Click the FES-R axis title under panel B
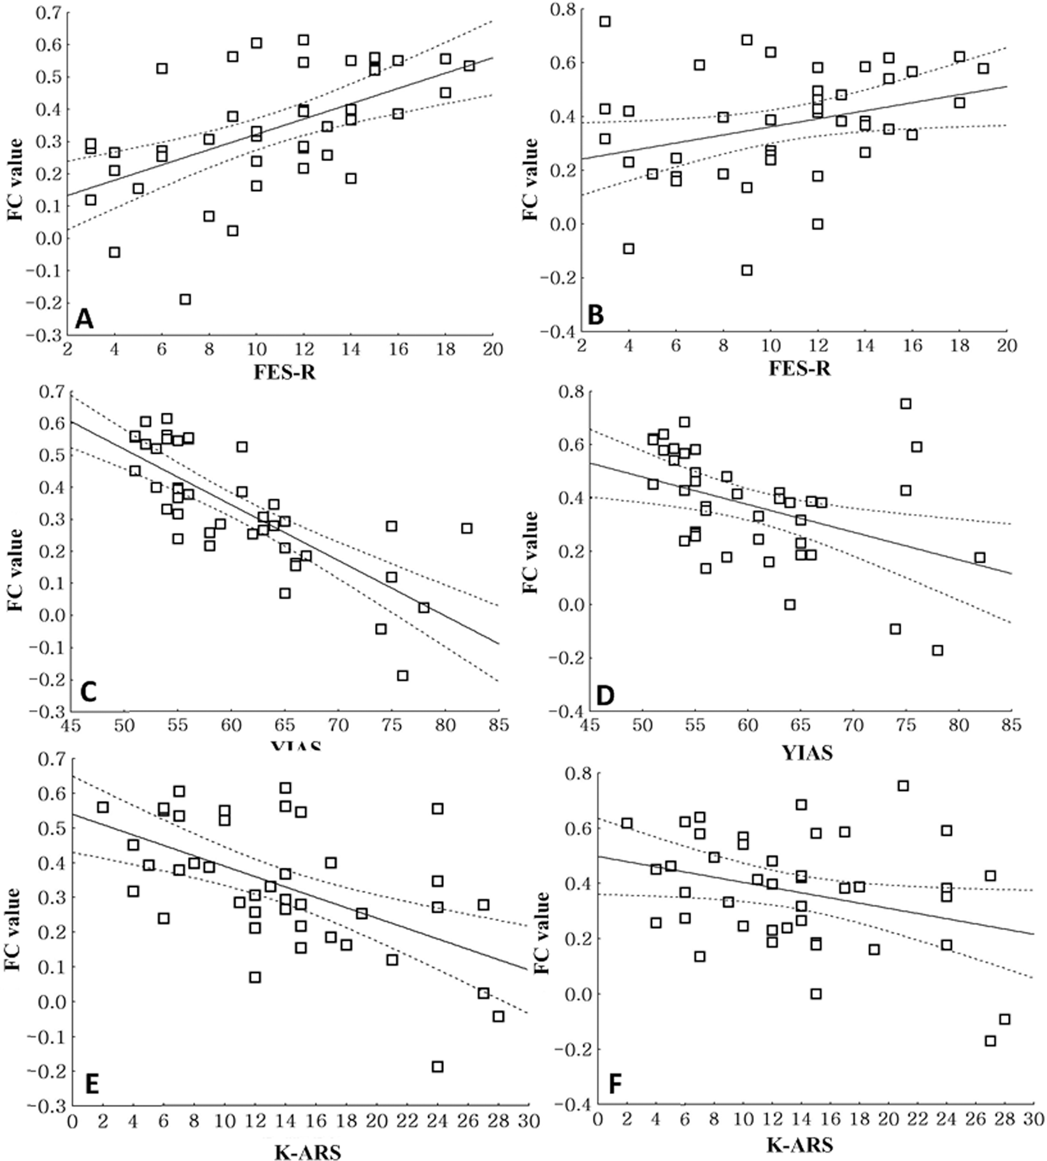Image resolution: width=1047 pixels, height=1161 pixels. coord(799,368)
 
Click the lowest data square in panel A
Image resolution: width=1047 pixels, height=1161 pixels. coord(185,299)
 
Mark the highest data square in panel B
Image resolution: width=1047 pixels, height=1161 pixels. coord(604,22)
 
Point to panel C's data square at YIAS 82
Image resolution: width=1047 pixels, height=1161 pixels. coord(467,529)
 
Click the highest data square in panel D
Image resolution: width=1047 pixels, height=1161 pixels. coord(906,404)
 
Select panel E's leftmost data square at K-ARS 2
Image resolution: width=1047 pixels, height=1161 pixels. coord(103,808)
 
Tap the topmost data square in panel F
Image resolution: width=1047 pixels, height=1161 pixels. coord(902,786)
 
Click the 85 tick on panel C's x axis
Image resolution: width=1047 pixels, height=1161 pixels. coord(499,725)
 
